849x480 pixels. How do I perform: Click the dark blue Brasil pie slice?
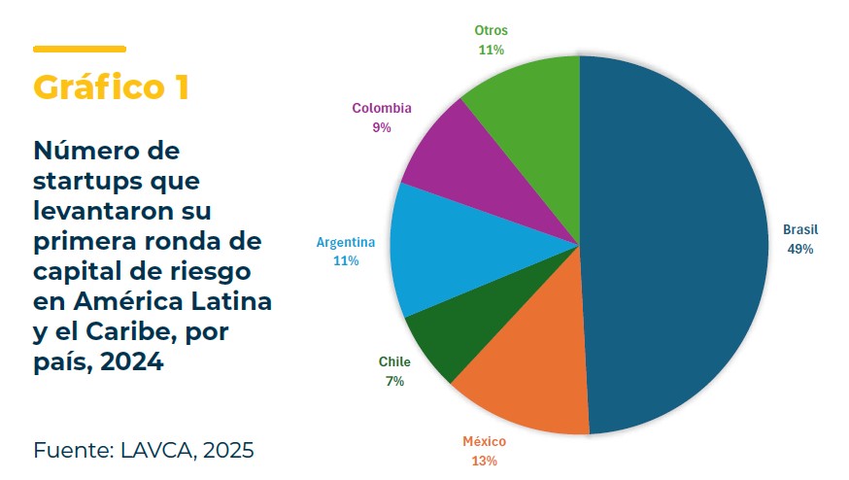[x=680, y=243]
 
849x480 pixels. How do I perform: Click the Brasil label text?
[x=800, y=230]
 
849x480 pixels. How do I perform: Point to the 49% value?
[x=800, y=249]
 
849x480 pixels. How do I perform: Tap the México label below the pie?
[x=484, y=441]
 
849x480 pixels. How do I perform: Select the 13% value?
[x=484, y=460]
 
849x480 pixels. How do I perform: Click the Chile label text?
[x=394, y=362]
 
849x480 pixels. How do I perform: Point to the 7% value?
[x=394, y=381]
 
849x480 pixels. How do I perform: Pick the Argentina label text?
[x=347, y=242]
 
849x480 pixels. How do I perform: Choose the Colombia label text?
[x=382, y=108]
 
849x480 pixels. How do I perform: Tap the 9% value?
[x=382, y=127]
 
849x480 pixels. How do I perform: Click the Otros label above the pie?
[x=491, y=30]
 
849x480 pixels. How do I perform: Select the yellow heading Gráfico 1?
[x=111, y=86]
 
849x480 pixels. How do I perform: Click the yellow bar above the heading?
[x=79, y=49]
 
